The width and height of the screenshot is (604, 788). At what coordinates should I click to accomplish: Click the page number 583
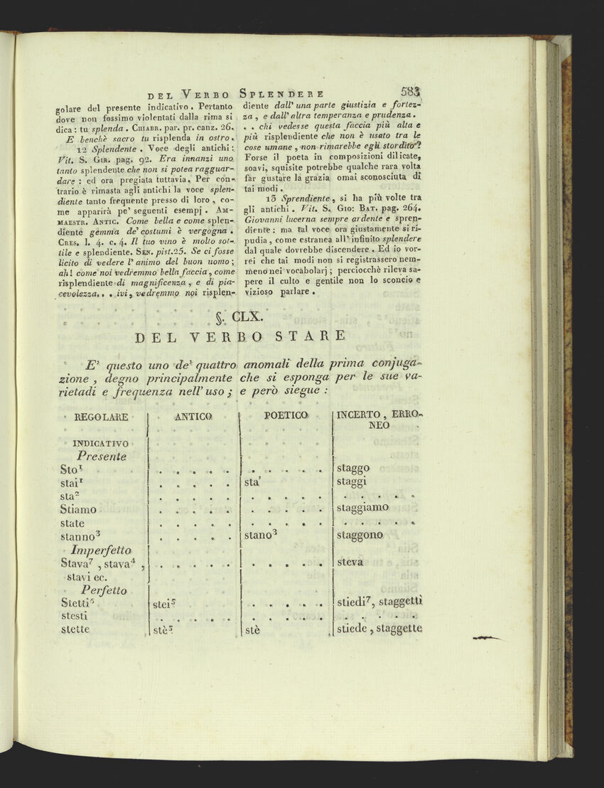coord(411,91)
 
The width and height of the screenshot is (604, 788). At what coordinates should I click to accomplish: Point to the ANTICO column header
coord(193,415)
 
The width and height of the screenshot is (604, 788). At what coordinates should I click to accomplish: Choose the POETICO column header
coord(286,415)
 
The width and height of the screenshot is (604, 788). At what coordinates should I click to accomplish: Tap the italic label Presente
coord(102,456)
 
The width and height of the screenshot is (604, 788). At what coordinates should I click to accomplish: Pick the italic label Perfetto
coord(104,590)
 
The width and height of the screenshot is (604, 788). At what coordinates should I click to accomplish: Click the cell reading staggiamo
coord(362,508)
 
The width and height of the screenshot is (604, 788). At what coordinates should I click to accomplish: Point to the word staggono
coord(360,535)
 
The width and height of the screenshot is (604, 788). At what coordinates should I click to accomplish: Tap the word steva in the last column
coord(350,562)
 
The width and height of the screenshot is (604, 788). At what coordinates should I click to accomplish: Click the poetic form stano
coord(260,535)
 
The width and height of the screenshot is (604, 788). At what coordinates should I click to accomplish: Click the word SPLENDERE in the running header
coord(284,92)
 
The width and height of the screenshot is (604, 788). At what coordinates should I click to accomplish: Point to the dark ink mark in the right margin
coord(487,639)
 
